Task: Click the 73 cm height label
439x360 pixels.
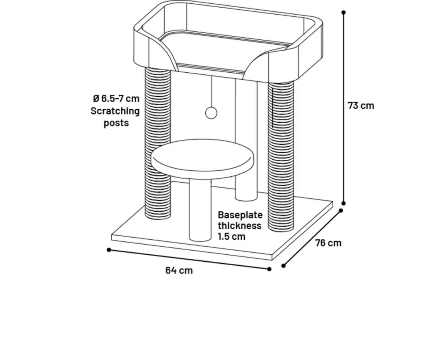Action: point(361,106)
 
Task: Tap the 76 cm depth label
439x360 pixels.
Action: point(328,243)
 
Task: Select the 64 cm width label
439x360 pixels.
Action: point(179,271)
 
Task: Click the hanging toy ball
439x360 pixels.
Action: point(211,113)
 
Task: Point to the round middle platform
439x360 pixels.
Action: point(203,159)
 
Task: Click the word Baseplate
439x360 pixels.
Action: point(240,215)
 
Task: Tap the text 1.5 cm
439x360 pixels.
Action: point(232,236)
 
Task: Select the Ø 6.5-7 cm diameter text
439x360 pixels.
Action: point(116,99)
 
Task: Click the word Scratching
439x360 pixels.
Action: point(115,111)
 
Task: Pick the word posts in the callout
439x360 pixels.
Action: point(116,123)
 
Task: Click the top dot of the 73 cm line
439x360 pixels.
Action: point(343,12)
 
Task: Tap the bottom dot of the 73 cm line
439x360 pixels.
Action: point(344,203)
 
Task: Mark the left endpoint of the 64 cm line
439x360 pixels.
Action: point(109,250)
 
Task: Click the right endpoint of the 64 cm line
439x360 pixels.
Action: point(269,269)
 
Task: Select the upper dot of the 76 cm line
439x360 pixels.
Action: point(341,210)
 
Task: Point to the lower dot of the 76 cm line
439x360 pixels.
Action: point(283,266)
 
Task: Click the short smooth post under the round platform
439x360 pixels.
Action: point(200,210)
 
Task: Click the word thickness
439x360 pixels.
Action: point(240,226)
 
